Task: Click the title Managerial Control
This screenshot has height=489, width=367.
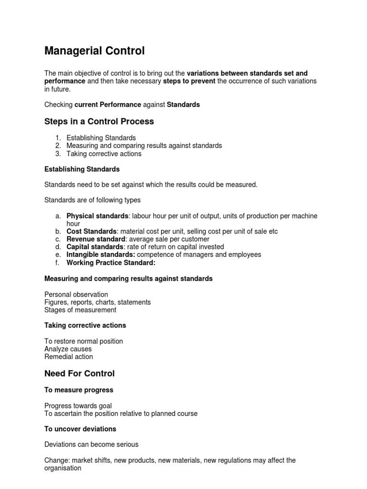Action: [x=94, y=51]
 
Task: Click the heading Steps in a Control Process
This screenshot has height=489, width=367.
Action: [x=99, y=121]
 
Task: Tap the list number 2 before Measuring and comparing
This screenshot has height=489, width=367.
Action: [x=57, y=146]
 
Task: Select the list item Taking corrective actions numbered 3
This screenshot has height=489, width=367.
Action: [x=104, y=154]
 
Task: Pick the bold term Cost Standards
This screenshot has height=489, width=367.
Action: [x=91, y=232]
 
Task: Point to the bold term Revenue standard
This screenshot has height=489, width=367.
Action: [x=96, y=239]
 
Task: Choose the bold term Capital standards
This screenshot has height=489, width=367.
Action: [x=95, y=247]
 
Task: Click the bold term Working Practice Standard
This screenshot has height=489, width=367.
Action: [x=111, y=263]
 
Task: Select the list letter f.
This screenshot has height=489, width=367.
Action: [x=57, y=263]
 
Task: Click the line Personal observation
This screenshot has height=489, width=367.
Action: [x=76, y=295]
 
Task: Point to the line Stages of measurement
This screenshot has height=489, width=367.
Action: [x=80, y=310]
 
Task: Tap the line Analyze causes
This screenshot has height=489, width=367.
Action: [x=68, y=349]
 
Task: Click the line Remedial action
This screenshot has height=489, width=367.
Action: [x=68, y=357]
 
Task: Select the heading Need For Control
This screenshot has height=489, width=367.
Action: [x=79, y=373]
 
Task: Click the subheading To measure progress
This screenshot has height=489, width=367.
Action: [x=78, y=390]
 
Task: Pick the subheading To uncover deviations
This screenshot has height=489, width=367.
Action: [x=80, y=429]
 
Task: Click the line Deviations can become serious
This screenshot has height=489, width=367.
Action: [x=91, y=445]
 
